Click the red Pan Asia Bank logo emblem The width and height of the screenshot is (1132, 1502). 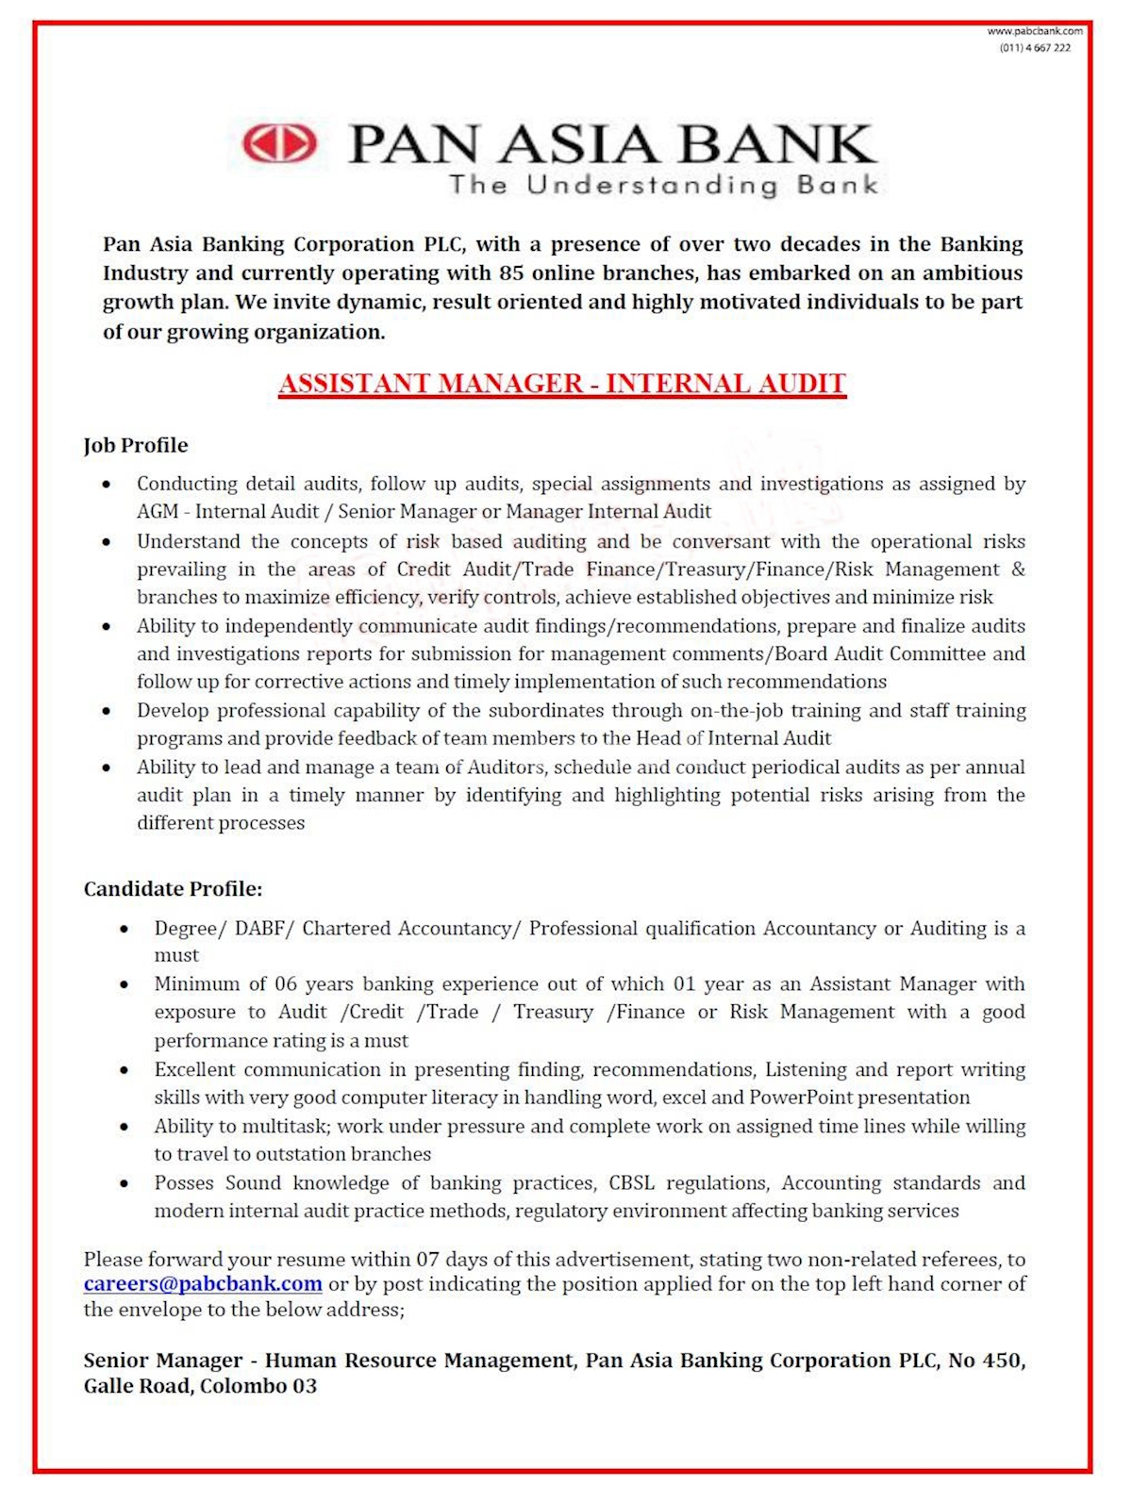coord(279,144)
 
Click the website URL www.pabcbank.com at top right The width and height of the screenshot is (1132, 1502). coord(1035,31)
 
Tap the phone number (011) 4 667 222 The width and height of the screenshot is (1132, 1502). coord(1035,47)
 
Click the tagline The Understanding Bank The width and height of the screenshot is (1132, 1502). coord(663,185)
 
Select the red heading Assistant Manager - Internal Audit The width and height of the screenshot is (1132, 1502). coord(562,384)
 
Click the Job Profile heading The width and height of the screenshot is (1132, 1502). coord(136,445)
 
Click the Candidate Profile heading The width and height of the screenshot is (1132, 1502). coord(173,888)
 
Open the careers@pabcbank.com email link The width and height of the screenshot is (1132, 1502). coord(203,1283)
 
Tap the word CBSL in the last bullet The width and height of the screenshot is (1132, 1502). coord(631,1182)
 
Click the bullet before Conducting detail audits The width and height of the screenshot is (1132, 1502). coord(107,485)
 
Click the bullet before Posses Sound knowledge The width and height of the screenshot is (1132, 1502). coord(125,1183)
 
